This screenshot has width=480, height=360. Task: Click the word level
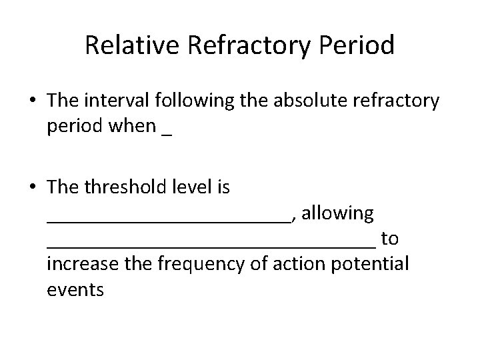195,188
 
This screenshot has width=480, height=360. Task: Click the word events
75,290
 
